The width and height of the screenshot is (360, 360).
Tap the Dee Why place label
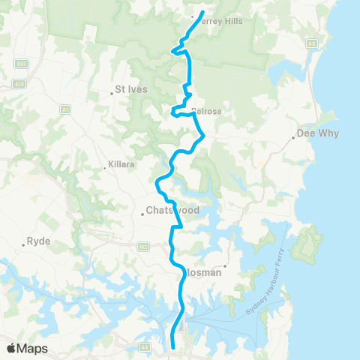click(318, 133)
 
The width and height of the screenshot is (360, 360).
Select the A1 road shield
click(65, 109)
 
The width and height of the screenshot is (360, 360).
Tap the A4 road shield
click(142, 347)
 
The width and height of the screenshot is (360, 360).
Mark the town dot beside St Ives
click(111, 93)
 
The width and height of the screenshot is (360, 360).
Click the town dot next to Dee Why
click(293, 137)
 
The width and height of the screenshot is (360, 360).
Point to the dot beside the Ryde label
click(22, 245)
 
